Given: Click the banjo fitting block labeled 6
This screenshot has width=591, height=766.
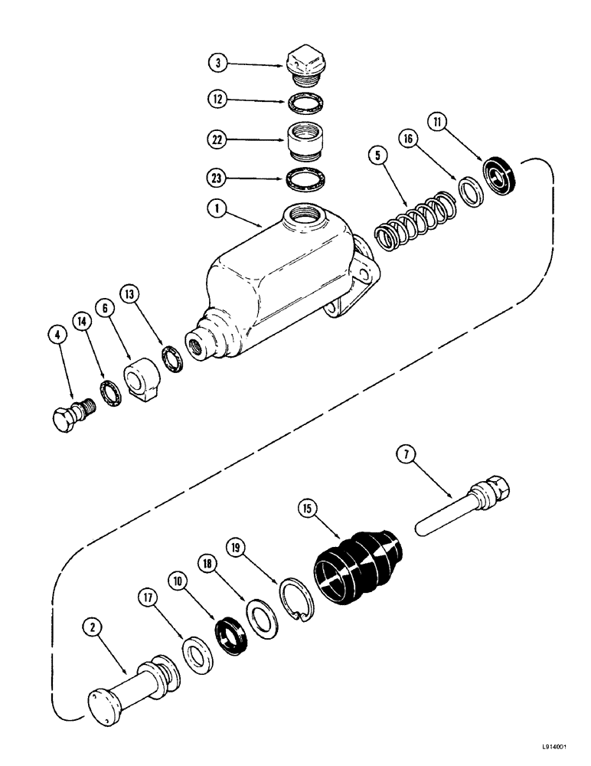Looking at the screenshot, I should (x=144, y=381).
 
